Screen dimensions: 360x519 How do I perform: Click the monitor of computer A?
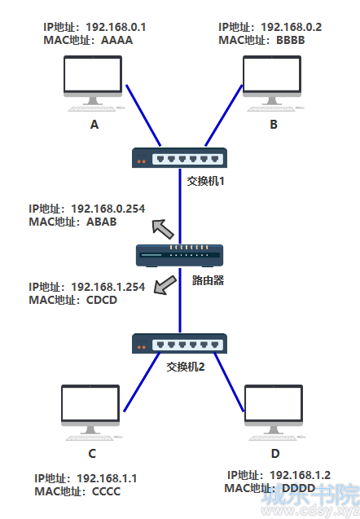(x=93, y=81)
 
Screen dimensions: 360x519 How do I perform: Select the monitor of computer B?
(x=272, y=81)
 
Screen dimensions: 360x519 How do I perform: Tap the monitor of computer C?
(x=90, y=410)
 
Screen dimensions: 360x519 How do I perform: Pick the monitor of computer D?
(x=274, y=410)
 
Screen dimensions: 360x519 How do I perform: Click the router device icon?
(x=180, y=255)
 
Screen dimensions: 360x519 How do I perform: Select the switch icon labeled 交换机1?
(x=180, y=158)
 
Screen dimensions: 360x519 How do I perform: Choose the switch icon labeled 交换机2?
(x=180, y=344)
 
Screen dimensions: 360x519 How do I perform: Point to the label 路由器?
(x=209, y=280)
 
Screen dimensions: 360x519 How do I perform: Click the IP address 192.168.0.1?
(x=116, y=27)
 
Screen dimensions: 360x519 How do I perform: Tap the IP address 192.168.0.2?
(x=292, y=27)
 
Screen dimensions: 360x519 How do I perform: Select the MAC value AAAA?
(x=116, y=41)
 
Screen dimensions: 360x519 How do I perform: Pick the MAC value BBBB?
(x=291, y=41)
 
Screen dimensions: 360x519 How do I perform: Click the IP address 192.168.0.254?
(x=108, y=209)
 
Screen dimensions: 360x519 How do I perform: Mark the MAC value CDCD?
(x=102, y=300)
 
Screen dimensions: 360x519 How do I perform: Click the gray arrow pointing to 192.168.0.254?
(x=162, y=228)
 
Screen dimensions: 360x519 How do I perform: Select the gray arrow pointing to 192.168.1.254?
(x=165, y=285)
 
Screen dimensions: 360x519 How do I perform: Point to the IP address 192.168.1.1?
(x=107, y=478)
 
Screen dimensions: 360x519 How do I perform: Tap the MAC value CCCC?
(x=106, y=491)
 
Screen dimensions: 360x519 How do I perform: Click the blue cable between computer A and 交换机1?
(x=143, y=116)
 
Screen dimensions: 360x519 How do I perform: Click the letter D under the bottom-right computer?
(x=275, y=454)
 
